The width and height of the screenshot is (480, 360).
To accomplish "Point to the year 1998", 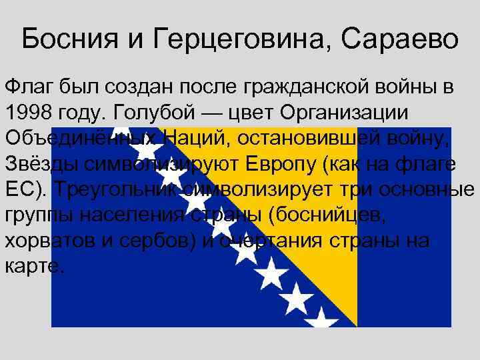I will point(31,111).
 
